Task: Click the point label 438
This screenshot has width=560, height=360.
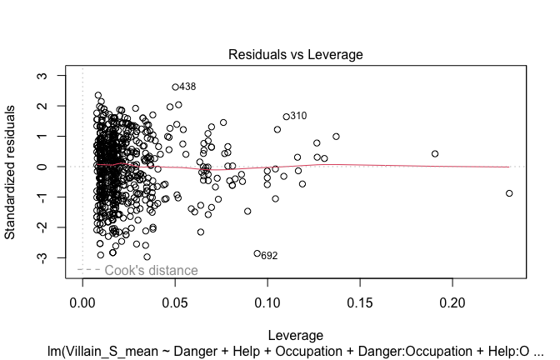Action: [187, 87]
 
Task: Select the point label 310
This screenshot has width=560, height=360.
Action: [298, 116]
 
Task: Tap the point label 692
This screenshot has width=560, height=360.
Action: [269, 256]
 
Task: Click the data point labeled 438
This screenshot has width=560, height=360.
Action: [175, 87]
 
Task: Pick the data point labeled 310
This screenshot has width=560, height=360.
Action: [286, 117]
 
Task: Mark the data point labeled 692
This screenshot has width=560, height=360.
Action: [257, 253]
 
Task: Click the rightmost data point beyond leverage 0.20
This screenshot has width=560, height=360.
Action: [509, 193]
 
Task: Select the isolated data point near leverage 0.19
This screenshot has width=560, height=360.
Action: [435, 153]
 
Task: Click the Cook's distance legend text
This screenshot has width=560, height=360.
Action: [151, 270]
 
